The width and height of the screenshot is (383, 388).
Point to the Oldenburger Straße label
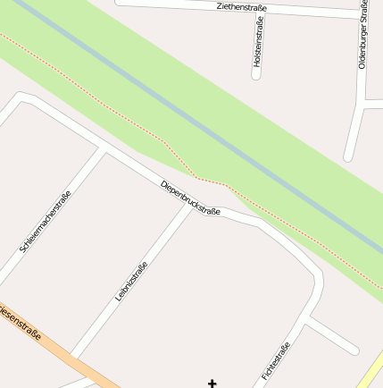point(363,36)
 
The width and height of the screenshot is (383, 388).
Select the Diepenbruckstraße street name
point(190,198)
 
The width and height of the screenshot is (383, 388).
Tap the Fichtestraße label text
point(277,361)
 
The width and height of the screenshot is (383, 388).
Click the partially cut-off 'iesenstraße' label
point(20,325)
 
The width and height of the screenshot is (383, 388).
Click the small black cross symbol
point(212,384)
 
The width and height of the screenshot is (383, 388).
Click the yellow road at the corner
point(373,372)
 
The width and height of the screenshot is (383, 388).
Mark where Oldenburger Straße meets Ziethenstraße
point(365,15)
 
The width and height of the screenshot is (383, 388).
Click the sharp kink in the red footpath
point(195,173)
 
